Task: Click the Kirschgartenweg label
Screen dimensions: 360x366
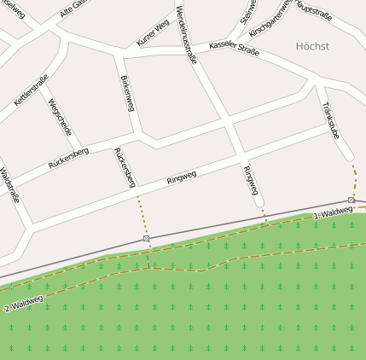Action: (x=272, y=17)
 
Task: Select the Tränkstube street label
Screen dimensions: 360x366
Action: (x=332, y=120)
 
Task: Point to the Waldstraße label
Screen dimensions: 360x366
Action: (x=10, y=185)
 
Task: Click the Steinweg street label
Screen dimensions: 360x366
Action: (x=249, y=11)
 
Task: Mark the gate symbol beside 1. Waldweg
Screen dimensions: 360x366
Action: (x=351, y=200)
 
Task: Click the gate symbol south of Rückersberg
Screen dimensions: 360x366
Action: (x=146, y=239)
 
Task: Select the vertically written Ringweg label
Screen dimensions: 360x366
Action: (x=251, y=181)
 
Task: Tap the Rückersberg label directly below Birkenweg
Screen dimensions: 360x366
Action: (x=125, y=166)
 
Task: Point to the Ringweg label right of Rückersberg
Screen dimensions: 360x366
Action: (x=181, y=177)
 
